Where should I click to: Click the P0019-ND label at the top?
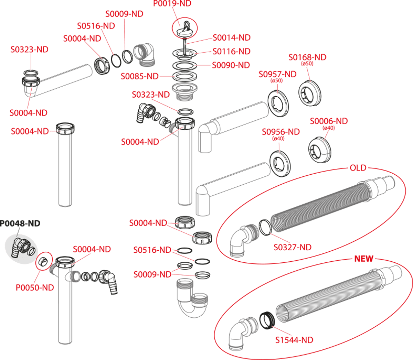pos(172,4)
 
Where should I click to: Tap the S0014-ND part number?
pos(231,37)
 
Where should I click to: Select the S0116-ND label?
pos(231,51)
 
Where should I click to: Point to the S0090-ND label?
pos(231,65)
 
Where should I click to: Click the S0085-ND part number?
pos(139,76)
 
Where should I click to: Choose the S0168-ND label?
pos(307,57)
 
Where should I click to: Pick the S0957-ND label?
pos(277,74)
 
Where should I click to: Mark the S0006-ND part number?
pos(329,121)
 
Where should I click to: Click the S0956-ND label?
pos(281,132)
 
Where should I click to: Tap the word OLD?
pos(358,168)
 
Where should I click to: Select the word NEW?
pos(364,259)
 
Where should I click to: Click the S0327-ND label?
pos(293,247)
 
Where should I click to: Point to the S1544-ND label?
pos(294,340)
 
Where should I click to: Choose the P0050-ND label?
pos(35,287)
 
